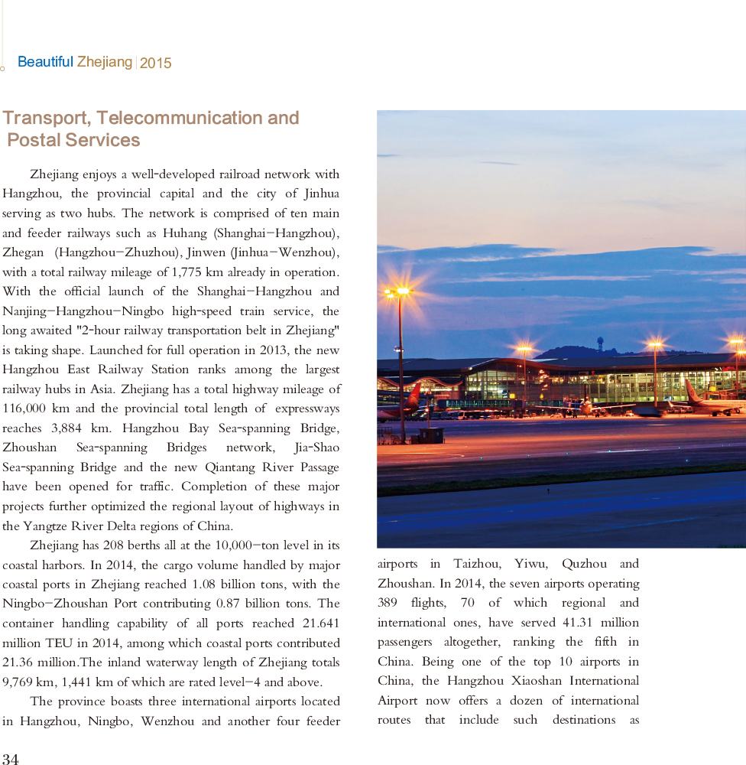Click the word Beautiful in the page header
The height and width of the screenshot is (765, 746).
(45, 62)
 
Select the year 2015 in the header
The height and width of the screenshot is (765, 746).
(156, 63)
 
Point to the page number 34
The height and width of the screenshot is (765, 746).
(11, 758)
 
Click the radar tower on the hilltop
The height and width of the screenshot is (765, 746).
(599, 343)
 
